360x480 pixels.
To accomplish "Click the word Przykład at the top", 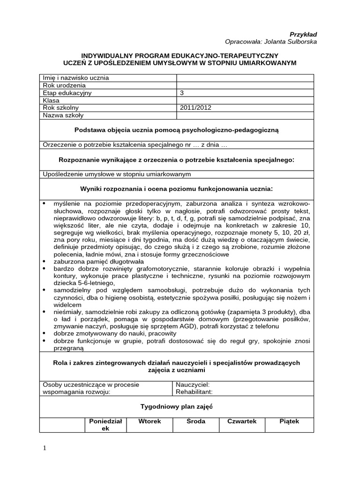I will tap(303, 34).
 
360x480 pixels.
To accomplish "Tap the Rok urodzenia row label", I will tap(64, 85).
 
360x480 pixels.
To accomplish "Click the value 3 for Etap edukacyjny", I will tap(182, 93).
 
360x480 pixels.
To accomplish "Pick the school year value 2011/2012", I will tap(195, 108).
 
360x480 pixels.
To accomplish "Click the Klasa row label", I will tap(52, 100).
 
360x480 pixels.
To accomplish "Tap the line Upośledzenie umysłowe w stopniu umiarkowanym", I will tap(117, 174).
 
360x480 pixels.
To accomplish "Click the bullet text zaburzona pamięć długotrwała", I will tap(99, 261).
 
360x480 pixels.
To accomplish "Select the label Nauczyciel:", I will tap(189, 384).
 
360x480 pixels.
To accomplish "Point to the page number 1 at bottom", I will tap(45, 448).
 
